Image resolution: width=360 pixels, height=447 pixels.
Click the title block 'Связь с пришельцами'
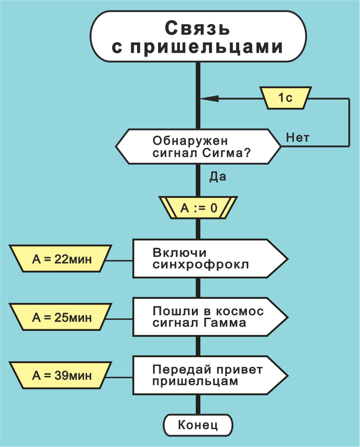tap(198, 37)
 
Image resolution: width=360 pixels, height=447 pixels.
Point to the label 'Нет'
tap(297, 137)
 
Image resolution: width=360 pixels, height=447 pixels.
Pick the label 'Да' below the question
tap(218, 177)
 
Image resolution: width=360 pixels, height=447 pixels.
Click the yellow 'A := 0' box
tap(198, 208)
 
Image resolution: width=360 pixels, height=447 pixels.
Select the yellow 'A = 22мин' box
tap(61, 259)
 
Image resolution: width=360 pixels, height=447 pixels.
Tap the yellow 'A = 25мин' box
tap(61, 317)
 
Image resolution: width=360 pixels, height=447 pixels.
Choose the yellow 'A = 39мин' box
tap(61, 376)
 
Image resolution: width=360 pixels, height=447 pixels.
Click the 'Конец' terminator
tap(198, 425)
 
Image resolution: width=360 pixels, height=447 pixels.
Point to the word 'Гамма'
tap(228, 323)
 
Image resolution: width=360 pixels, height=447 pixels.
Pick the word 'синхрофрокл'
tap(200, 265)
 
